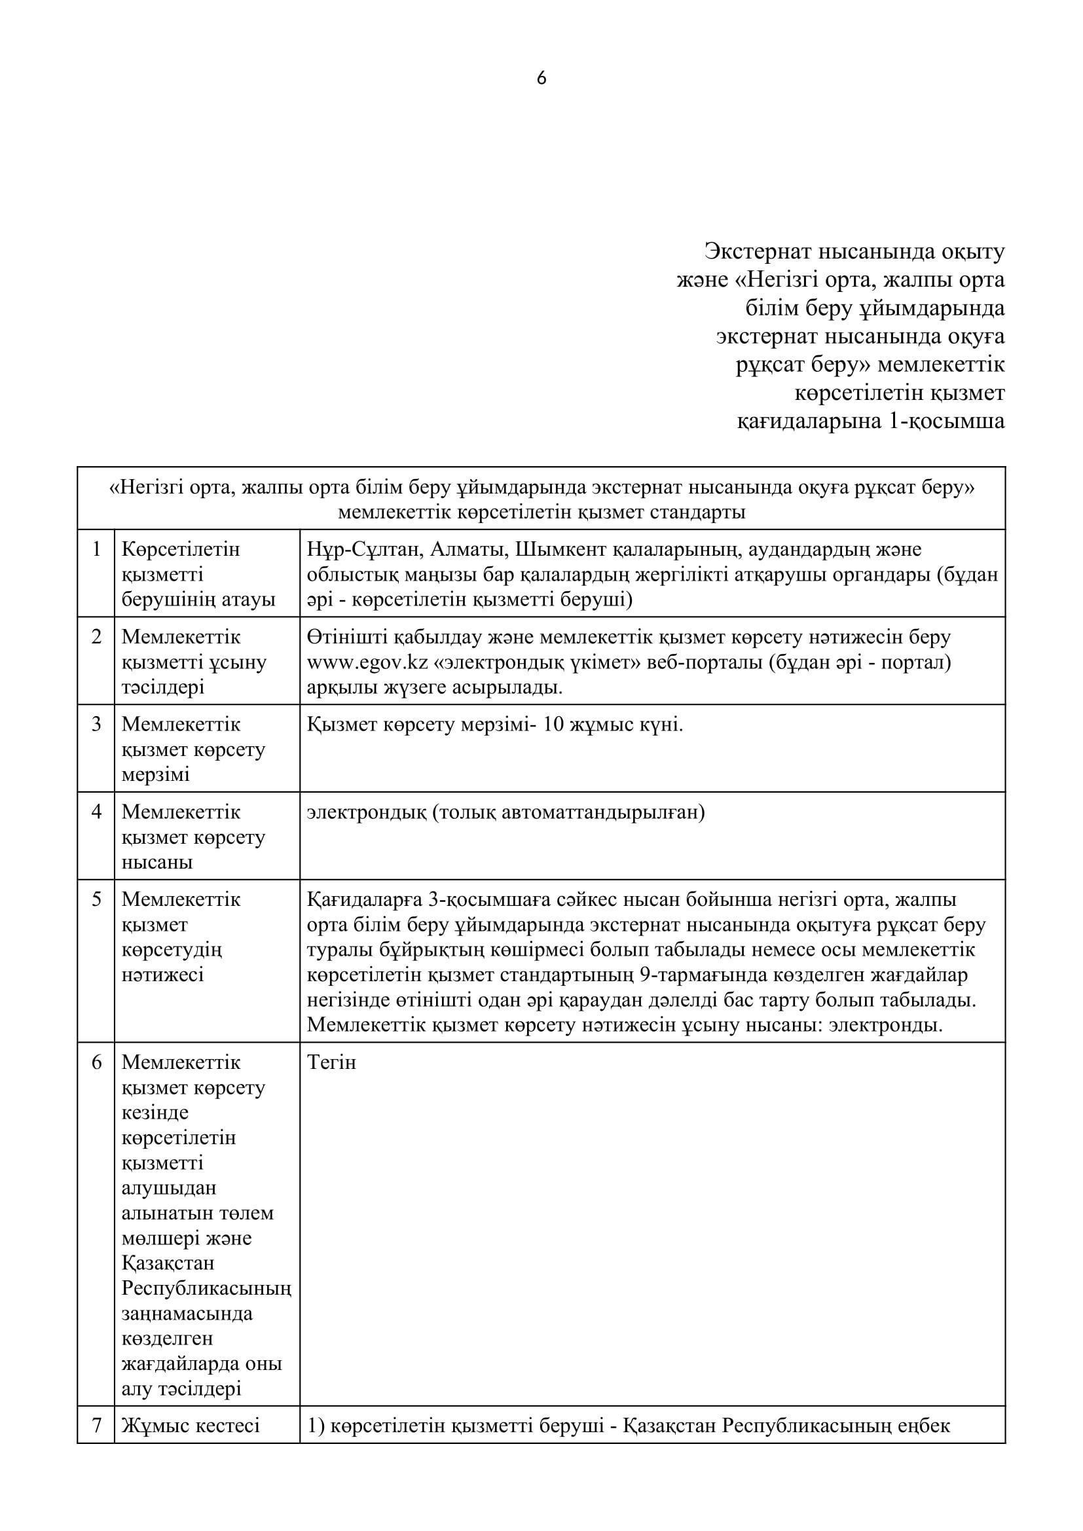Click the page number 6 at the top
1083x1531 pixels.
(541, 79)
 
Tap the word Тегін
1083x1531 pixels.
(331, 1062)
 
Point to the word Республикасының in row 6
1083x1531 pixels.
(206, 1288)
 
